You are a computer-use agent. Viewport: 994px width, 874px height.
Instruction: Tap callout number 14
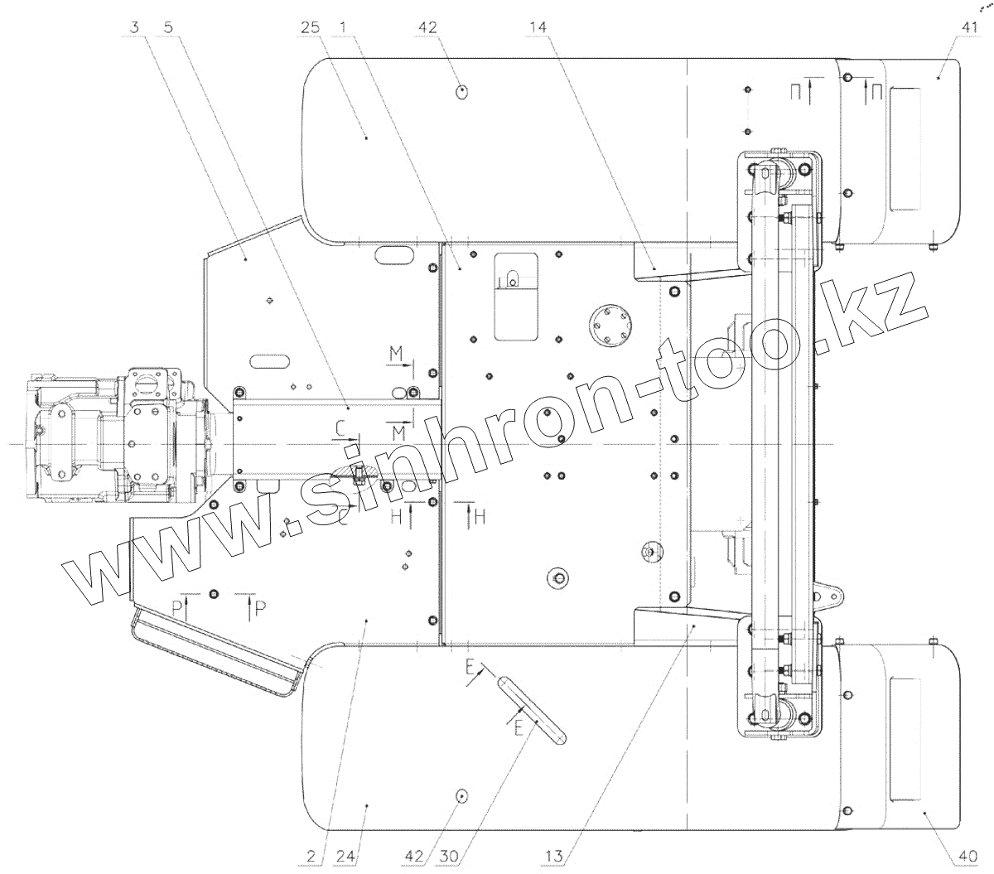[x=538, y=27]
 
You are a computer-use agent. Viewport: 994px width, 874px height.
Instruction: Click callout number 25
[x=311, y=27]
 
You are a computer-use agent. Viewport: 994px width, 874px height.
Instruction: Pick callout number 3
[x=135, y=27]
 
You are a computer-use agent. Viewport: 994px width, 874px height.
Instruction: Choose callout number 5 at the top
[x=168, y=27]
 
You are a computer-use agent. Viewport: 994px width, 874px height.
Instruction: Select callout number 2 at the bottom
[x=311, y=857]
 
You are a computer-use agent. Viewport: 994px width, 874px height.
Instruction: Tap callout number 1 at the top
[x=342, y=27]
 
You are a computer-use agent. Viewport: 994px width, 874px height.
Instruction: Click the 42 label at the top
[x=427, y=27]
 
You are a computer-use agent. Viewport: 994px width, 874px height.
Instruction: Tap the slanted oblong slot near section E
[x=531, y=708]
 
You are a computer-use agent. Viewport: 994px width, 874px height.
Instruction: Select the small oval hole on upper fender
[x=462, y=90]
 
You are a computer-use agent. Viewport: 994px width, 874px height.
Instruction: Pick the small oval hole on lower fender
[x=462, y=795]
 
